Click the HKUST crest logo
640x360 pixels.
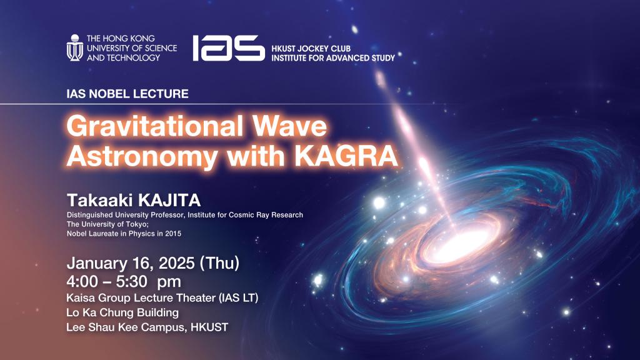tap(75, 48)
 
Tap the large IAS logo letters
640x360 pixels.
tap(229, 48)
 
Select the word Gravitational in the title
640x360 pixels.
tap(155, 126)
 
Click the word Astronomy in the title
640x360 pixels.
tap(142, 157)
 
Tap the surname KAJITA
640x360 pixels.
tap(169, 201)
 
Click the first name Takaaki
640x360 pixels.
tap(100, 201)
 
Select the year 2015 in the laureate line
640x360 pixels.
tap(173, 234)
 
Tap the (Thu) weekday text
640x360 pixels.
tap(219, 263)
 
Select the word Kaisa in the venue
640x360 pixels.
tap(79, 298)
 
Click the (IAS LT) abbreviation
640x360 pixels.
tap(239, 298)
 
